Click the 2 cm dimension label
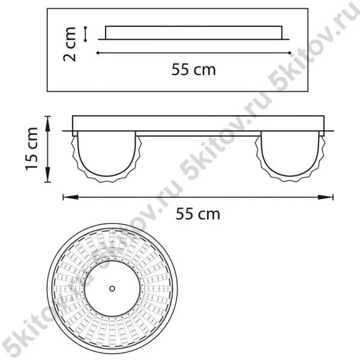coord(70,44)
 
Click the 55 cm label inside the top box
coord(194,70)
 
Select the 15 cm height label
coord(31,149)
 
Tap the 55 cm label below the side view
coord(198,214)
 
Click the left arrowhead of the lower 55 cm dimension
coord(71,197)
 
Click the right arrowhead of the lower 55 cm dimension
coord(325,197)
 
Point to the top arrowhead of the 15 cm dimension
coord(48,124)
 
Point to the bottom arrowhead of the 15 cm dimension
coord(48,175)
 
